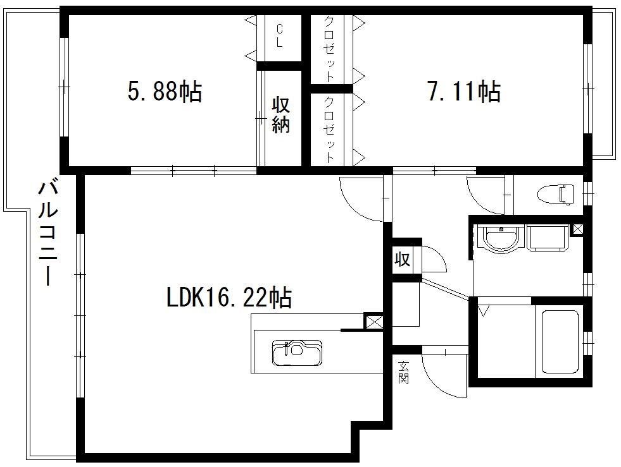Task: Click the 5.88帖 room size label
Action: click(165, 92)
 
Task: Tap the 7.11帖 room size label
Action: click(464, 92)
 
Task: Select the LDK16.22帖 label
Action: click(229, 298)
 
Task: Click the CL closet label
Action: click(280, 35)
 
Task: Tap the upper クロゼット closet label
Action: click(330, 48)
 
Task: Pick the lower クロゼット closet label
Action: click(330, 130)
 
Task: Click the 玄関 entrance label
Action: click(404, 372)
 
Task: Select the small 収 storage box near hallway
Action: click(402, 260)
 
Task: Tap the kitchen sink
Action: click(297, 352)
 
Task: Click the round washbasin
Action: click(501, 238)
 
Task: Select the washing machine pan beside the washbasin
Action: click(548, 238)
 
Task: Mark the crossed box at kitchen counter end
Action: click(373, 321)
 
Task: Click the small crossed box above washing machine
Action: click(577, 229)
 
